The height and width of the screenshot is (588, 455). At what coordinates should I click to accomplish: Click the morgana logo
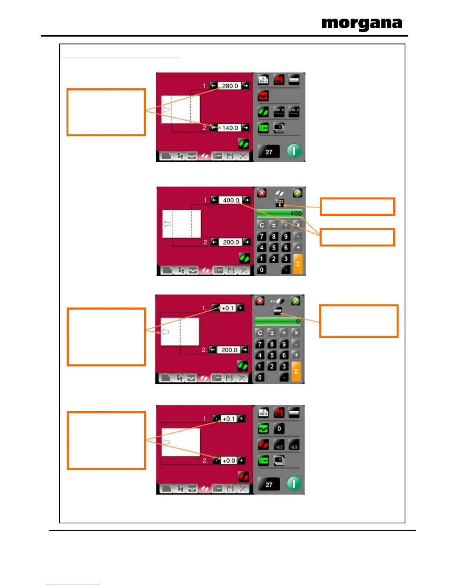[362, 24]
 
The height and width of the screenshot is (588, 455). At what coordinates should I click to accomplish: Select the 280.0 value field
[230, 86]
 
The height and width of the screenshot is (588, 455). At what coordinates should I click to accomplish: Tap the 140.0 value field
[230, 128]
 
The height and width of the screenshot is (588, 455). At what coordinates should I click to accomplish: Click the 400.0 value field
[230, 200]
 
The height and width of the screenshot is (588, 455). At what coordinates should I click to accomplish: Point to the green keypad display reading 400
[280, 213]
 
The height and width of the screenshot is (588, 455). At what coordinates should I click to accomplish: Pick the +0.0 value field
[229, 461]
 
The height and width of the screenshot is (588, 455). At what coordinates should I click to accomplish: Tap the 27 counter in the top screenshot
[269, 152]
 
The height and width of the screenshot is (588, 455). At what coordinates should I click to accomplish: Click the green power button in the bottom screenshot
[294, 484]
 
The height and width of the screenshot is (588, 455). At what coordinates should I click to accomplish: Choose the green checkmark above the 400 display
[297, 193]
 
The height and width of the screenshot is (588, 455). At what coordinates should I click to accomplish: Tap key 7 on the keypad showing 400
[262, 236]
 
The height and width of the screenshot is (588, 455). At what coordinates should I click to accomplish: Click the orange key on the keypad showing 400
[298, 264]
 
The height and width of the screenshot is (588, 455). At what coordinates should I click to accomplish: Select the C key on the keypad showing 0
[260, 333]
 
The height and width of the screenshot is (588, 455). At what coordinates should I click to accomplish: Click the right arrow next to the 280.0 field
[246, 86]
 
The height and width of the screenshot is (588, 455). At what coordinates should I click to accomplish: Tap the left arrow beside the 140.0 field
[213, 128]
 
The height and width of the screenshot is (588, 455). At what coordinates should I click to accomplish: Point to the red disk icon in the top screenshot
[279, 80]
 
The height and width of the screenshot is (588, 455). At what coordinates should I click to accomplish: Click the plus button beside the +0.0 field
[241, 461]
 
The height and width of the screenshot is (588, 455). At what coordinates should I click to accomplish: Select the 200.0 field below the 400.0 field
[230, 242]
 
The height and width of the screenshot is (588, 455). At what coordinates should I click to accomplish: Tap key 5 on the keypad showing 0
[272, 355]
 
